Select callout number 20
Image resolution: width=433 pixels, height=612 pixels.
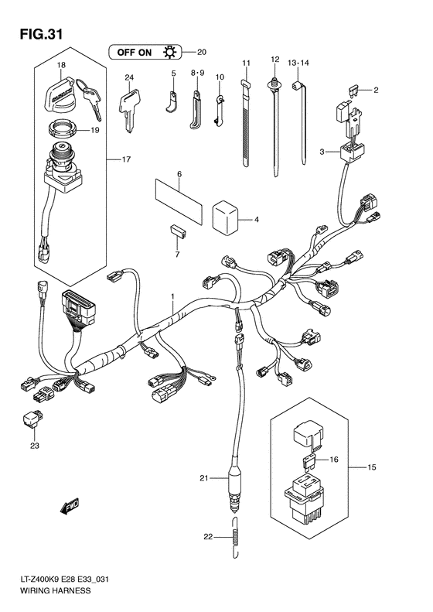point(203,53)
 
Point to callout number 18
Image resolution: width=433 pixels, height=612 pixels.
point(60,66)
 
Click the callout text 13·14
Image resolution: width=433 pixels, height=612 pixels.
point(298,61)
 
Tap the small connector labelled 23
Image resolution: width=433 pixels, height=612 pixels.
point(35,422)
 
